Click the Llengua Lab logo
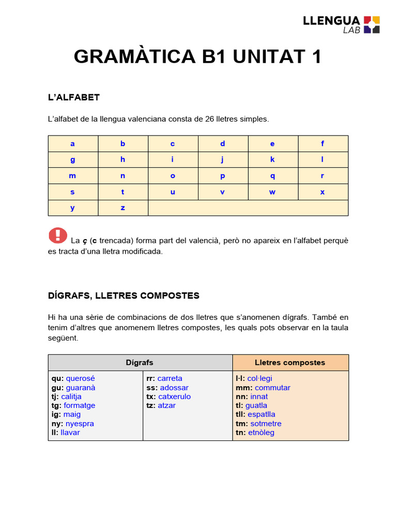click(x=341, y=24)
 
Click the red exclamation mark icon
click(x=58, y=235)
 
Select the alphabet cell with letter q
click(x=272, y=175)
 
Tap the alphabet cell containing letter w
click(x=272, y=192)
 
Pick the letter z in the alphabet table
click(x=123, y=208)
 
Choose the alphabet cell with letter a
click(x=73, y=144)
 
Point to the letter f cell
click(x=323, y=144)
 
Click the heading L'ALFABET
click(x=73, y=97)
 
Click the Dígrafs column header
click(x=140, y=362)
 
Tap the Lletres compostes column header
click(x=290, y=362)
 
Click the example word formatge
click(x=80, y=405)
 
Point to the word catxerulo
click(x=175, y=396)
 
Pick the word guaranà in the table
click(x=81, y=388)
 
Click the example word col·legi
click(x=259, y=378)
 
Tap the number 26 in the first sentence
click(x=209, y=119)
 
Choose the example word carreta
click(x=170, y=378)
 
